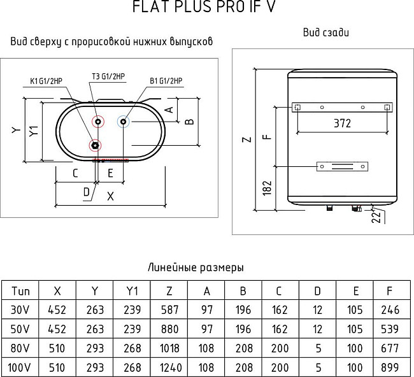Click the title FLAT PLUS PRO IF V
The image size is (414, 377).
click(x=204, y=8)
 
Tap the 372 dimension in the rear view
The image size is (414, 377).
click(x=342, y=124)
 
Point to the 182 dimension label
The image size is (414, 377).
click(x=268, y=188)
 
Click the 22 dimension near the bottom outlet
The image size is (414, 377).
click(x=375, y=218)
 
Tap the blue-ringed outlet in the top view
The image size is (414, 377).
click(x=123, y=120)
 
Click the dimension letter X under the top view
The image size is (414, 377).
click(x=111, y=196)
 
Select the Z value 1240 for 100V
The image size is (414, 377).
click(x=169, y=367)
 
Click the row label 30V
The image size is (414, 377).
click(x=20, y=310)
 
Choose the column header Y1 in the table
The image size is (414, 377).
click(x=132, y=291)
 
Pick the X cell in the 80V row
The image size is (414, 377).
click(x=58, y=348)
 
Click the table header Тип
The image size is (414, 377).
click(x=20, y=291)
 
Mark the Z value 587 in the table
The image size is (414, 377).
click(x=169, y=310)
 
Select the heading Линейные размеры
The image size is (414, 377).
click(x=196, y=267)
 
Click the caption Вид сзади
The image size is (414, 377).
click(x=325, y=32)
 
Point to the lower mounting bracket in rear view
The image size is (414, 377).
click(x=342, y=167)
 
